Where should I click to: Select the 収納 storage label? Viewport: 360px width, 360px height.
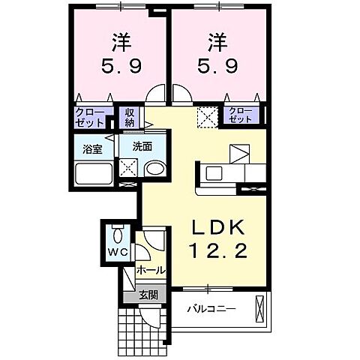tap(129, 117)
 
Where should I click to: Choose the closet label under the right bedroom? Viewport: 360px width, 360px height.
tap(241, 116)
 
